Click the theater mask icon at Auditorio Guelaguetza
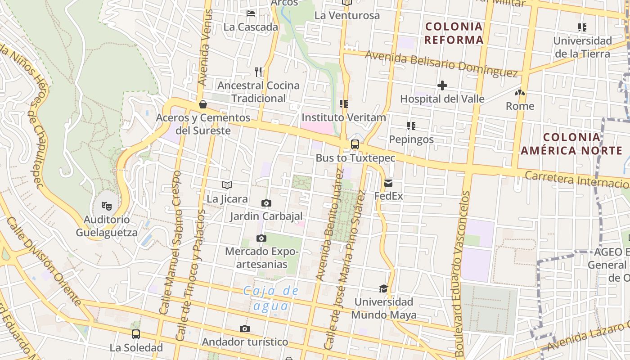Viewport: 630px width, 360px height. point(106,206)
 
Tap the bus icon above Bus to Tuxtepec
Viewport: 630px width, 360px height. point(355,144)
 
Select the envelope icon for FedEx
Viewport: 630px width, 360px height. point(388,183)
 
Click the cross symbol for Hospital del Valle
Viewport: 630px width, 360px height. point(442,85)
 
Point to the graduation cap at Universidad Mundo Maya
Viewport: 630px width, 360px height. point(383,288)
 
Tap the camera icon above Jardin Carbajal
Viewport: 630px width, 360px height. point(266,203)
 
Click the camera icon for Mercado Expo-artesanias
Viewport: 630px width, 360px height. point(261,238)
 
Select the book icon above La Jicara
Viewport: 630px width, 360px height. point(227,185)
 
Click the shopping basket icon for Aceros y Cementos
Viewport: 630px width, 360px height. point(203,104)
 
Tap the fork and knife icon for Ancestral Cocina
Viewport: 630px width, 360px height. point(258,72)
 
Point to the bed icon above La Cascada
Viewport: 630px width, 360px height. point(251,13)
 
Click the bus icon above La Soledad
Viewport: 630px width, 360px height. point(136,334)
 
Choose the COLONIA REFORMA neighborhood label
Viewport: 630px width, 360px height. point(454,33)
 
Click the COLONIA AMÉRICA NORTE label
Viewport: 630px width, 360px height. point(571,144)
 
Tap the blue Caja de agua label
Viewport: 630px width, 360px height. point(271,298)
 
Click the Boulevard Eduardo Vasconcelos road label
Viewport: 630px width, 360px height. point(463,274)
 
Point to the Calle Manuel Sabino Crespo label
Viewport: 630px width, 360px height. point(171,243)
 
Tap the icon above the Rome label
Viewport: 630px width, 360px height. point(520,93)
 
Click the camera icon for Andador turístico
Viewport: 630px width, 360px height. point(245,329)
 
